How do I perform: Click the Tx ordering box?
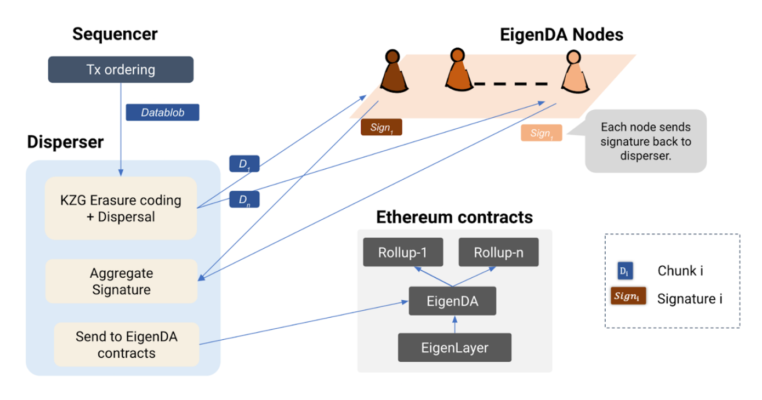121,70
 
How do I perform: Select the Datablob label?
162,112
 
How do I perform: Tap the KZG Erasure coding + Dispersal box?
121,208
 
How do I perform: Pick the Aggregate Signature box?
121,281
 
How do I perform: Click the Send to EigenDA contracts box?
126,345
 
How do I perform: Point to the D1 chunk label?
244,164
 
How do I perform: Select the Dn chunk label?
244,199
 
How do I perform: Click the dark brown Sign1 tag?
381,128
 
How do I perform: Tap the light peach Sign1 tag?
541,133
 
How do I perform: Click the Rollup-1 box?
402,253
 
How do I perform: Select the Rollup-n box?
498,253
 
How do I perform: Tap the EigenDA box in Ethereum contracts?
452,301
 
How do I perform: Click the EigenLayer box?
454,347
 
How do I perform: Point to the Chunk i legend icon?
625,271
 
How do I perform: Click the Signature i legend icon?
628,296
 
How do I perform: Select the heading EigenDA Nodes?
561,35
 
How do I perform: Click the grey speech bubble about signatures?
646,141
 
